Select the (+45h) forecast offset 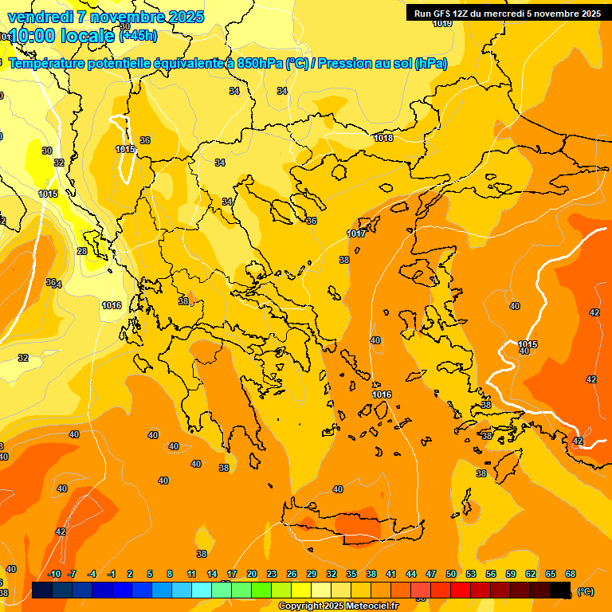[x=138, y=35]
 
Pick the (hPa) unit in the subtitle [x=430, y=63]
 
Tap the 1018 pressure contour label [x=383, y=138]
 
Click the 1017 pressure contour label [x=356, y=233]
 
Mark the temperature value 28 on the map [x=82, y=251]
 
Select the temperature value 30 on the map [x=47, y=151]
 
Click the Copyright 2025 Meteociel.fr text [x=337, y=606]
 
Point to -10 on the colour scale [x=54, y=574]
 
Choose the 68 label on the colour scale [x=571, y=574]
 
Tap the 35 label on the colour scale [x=351, y=574]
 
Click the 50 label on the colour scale [x=451, y=574]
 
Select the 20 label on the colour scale [x=252, y=574]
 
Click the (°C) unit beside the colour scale [x=585, y=590]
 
